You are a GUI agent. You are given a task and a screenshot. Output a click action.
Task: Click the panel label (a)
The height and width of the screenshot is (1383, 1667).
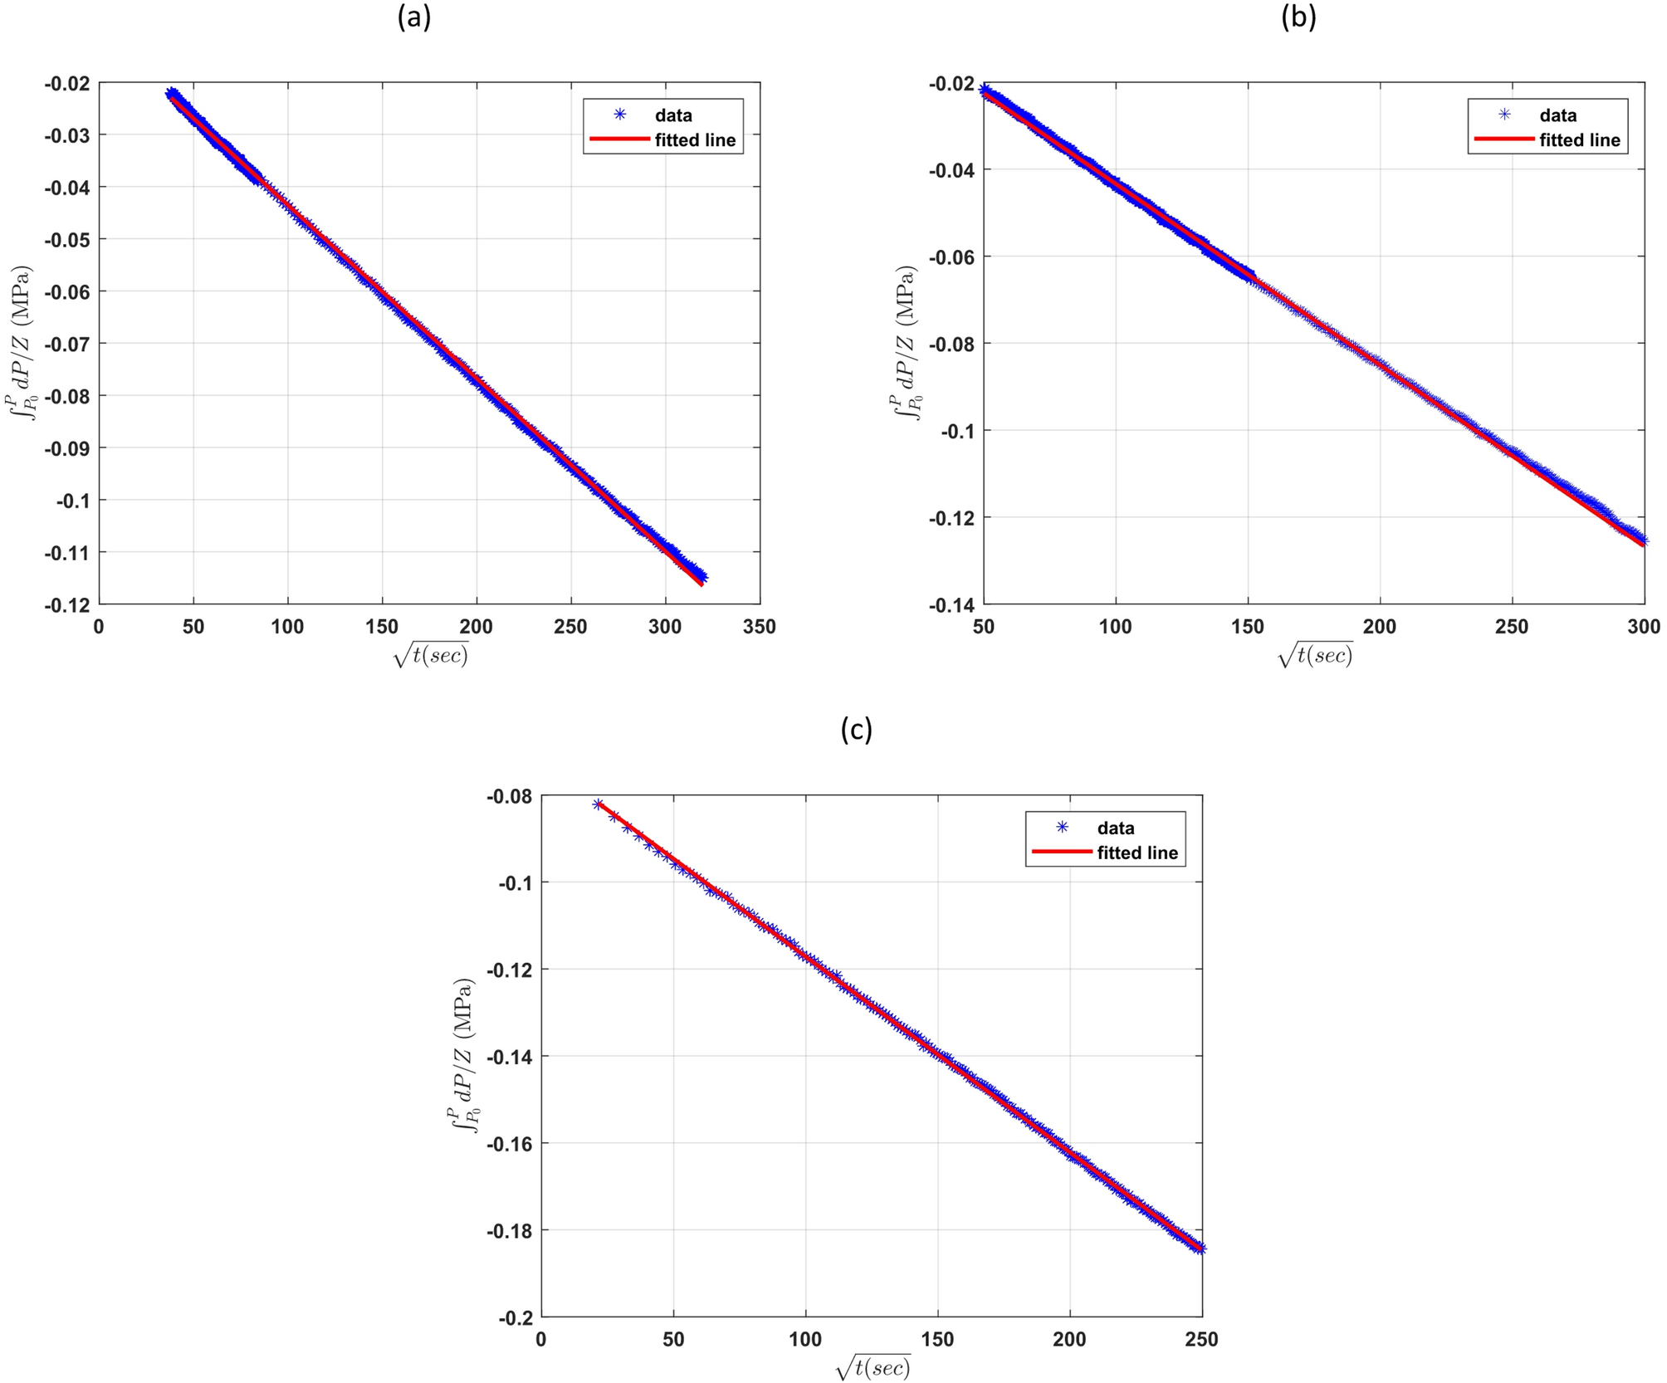[414, 17]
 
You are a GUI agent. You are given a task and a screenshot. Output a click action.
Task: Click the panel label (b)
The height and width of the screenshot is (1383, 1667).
[1298, 17]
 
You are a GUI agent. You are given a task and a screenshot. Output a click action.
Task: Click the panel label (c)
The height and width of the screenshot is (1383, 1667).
[856, 729]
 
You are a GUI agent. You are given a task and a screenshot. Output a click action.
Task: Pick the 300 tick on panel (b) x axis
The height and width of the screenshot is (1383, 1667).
[1644, 627]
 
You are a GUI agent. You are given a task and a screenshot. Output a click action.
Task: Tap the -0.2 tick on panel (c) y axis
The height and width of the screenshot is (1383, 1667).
[514, 1317]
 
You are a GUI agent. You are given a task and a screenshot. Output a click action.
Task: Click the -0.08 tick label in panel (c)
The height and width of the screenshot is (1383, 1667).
[510, 796]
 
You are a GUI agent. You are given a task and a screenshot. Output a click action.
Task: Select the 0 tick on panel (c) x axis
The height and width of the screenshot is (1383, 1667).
[541, 1339]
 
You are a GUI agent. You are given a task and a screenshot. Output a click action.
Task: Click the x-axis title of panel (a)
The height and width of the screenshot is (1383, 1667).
[430, 655]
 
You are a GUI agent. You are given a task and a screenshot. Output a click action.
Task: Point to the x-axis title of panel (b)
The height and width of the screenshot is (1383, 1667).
[1315, 655]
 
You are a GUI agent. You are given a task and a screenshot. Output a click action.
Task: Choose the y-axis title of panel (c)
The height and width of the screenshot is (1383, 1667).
[464, 1056]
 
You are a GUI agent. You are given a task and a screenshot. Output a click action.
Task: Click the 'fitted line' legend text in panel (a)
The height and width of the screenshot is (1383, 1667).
[695, 140]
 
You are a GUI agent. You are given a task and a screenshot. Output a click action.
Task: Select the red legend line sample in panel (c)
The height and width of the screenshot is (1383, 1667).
[1060, 853]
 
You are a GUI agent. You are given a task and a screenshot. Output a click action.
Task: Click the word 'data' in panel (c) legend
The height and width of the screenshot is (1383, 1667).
[1115, 828]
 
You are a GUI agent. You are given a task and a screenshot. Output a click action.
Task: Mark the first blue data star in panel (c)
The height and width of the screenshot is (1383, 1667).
[598, 804]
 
